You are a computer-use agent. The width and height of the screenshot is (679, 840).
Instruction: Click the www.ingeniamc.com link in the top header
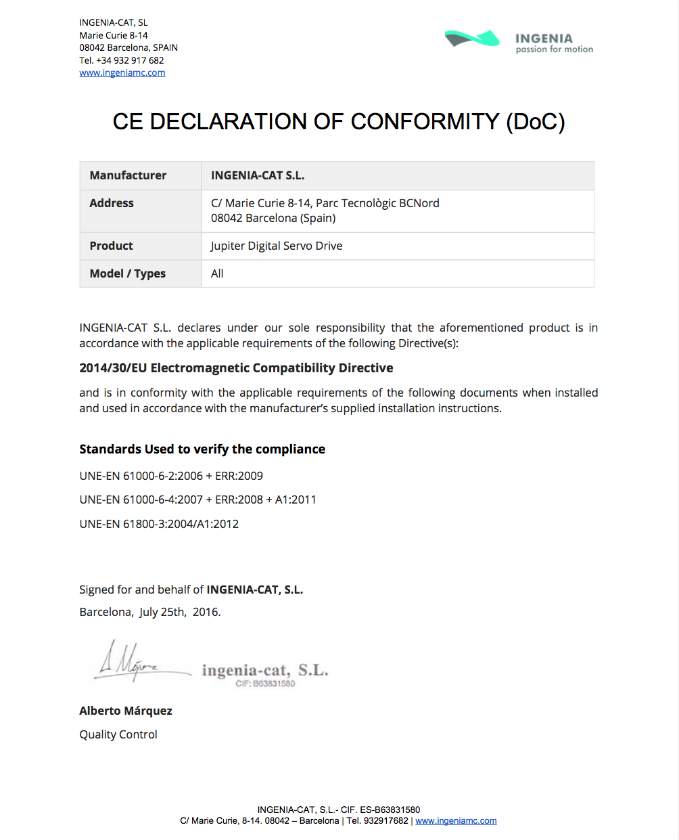[122, 73]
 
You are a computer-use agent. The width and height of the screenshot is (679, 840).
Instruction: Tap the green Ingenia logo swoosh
[472, 39]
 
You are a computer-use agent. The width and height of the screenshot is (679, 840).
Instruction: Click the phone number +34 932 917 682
[130, 60]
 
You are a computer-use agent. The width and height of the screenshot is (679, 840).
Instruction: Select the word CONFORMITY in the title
[425, 122]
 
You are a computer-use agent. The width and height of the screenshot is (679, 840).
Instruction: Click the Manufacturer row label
[128, 175]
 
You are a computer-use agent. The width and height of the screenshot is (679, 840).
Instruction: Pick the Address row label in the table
[112, 203]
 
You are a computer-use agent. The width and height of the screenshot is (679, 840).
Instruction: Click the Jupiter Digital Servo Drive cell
[277, 246]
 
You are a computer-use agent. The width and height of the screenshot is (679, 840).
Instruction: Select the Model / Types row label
[128, 273]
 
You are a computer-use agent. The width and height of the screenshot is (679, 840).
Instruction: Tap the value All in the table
[217, 273]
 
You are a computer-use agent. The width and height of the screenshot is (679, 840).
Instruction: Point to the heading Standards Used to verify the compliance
[202, 449]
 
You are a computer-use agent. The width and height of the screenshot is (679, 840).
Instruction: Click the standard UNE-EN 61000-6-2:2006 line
[171, 476]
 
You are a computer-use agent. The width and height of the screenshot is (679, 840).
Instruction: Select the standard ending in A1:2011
[197, 500]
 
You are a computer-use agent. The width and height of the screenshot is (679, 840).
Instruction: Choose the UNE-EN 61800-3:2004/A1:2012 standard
[159, 524]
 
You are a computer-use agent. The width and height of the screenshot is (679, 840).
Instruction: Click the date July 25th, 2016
[180, 612]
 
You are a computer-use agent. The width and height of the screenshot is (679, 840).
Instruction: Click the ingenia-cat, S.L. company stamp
[265, 673]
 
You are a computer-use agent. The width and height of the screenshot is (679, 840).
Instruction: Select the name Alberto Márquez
[126, 711]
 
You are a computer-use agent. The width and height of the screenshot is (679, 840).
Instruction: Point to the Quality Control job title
[118, 734]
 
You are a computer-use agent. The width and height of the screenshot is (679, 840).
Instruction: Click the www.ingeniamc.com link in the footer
[456, 821]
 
